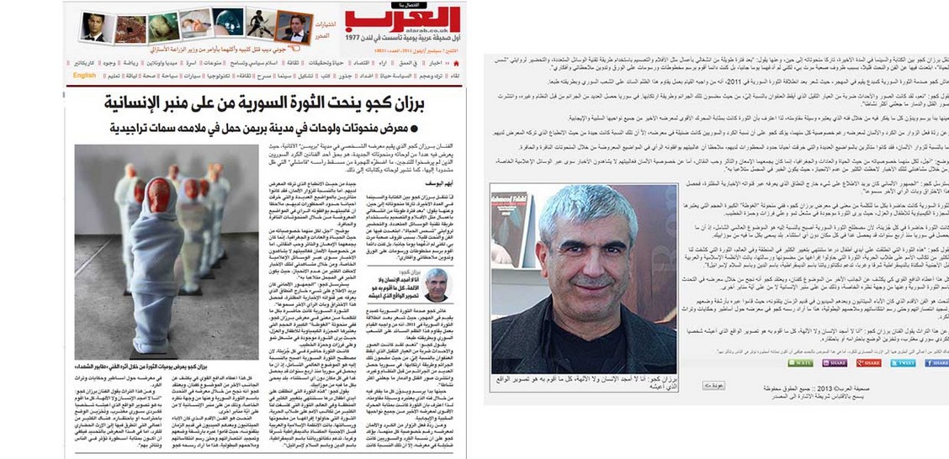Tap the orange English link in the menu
84,75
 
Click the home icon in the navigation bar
455,62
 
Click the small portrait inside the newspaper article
437,283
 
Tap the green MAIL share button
800,363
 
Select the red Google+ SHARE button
868,363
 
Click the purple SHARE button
834,363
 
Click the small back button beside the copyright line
713,385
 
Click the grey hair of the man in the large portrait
589,206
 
